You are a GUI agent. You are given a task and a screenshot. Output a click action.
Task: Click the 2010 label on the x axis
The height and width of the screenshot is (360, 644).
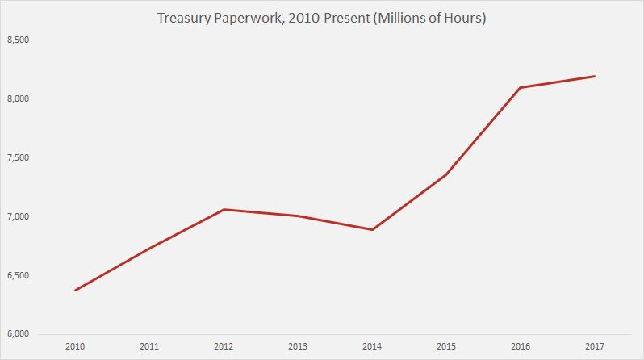point(75,347)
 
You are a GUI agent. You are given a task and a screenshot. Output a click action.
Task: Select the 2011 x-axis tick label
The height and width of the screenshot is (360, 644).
point(149,347)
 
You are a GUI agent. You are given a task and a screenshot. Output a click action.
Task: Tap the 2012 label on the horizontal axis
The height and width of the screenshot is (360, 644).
point(224,347)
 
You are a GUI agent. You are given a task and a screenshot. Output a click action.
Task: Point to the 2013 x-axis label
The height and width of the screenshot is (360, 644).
point(298,347)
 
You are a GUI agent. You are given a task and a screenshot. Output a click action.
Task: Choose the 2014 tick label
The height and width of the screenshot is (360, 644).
point(372,347)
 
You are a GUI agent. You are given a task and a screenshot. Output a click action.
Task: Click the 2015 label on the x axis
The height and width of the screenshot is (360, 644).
point(446,347)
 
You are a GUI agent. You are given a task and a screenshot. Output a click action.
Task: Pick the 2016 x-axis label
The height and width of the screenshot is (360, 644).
point(521,347)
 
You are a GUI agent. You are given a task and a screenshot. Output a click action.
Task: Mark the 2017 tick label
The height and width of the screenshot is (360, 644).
point(595,347)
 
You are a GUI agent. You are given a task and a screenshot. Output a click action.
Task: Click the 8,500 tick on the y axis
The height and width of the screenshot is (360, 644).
point(18,40)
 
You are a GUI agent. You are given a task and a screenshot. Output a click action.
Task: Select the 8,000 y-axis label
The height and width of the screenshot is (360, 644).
point(18,98)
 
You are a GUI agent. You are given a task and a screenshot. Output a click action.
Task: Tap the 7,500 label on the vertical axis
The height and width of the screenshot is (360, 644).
point(18,157)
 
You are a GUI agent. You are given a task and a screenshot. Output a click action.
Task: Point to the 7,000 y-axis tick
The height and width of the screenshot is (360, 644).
point(18,216)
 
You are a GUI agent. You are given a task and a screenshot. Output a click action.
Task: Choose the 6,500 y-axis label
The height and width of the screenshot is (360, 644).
point(18,275)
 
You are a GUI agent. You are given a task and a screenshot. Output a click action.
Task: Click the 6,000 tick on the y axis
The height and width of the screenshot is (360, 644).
point(18,334)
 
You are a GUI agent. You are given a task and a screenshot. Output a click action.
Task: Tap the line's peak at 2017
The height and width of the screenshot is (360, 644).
point(595,76)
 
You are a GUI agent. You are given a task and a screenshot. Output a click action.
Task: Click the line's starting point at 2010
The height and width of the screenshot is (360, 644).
point(75,291)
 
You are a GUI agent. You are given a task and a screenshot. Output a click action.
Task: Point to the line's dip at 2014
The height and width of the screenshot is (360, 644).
point(372,230)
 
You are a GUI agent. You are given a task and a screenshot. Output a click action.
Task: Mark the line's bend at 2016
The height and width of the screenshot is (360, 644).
point(521,87)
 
